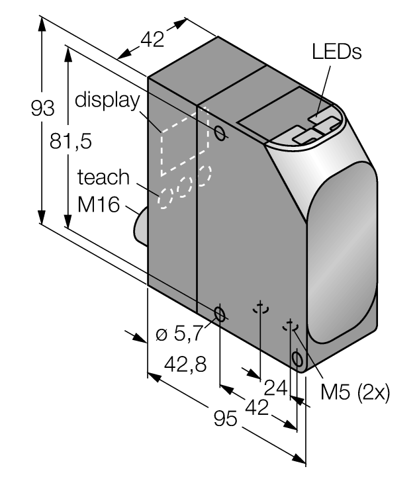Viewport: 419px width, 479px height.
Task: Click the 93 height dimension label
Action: point(42,108)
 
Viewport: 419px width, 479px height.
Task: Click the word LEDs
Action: point(337,52)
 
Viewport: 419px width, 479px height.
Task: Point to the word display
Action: point(107,101)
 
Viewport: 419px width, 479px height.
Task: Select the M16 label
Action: point(99,205)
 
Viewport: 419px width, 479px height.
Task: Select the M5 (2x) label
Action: point(355,392)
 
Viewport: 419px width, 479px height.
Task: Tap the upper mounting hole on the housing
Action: point(221,133)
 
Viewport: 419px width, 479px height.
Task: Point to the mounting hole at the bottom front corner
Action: point(297,360)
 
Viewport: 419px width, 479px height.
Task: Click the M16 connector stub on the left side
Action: point(141,226)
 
